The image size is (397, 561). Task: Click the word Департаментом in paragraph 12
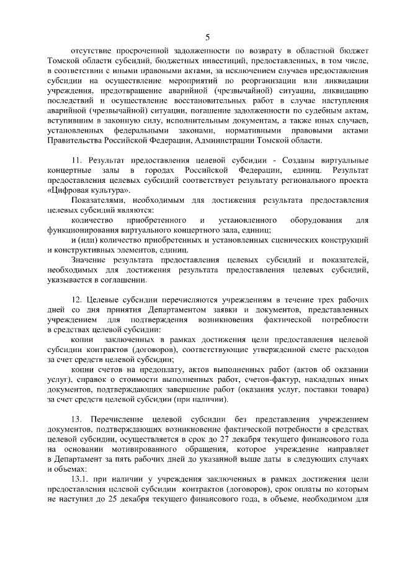(164, 309)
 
